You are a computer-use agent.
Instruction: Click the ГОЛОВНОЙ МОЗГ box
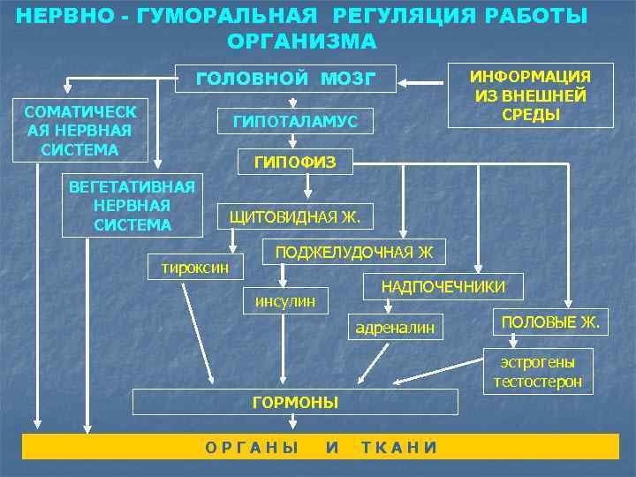[285, 79]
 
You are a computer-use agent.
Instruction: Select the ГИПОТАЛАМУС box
[295, 122]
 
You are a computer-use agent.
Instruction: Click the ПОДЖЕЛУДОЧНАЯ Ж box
[354, 253]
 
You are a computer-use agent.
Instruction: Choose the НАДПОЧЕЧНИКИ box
[443, 286]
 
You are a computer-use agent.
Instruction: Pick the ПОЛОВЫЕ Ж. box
[549, 322]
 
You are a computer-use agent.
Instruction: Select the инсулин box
[284, 301]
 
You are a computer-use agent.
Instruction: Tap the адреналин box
[395, 329]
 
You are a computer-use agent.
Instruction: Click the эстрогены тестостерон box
[538, 372]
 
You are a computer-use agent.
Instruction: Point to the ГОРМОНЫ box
[295, 403]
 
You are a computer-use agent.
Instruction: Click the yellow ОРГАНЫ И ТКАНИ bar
[318, 447]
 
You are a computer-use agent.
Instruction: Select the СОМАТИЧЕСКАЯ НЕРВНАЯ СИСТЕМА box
[79, 131]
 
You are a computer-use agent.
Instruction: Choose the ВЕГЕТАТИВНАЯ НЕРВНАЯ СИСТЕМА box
[132, 206]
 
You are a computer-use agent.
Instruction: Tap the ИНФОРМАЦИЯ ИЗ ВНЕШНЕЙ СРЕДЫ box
[531, 95]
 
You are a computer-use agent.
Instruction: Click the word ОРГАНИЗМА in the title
[302, 42]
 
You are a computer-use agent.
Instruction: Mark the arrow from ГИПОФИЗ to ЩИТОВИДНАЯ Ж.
[307, 184]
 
